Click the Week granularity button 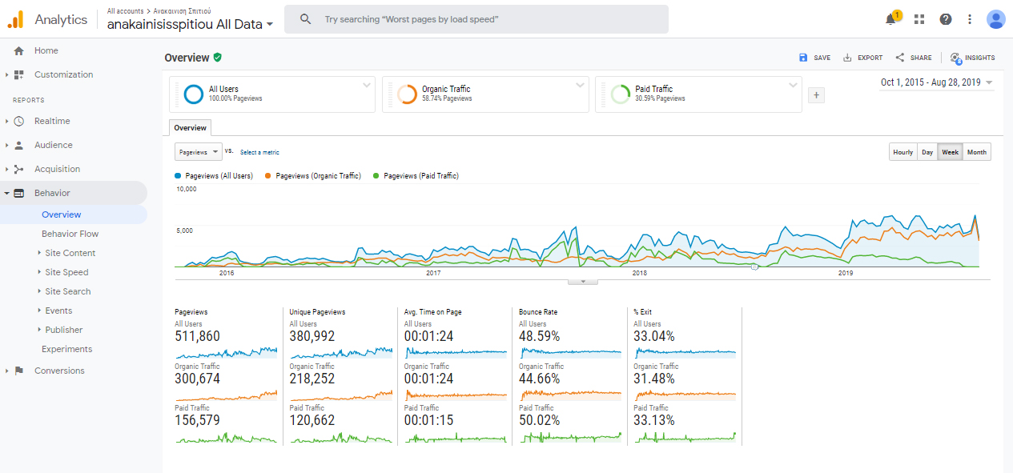click(951, 152)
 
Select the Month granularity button click(976, 152)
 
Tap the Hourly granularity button click(902, 152)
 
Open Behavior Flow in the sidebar click(70, 234)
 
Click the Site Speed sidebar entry click(66, 272)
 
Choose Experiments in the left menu click(66, 349)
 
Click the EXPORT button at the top click(862, 58)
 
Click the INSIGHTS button click(972, 58)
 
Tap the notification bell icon click(890, 19)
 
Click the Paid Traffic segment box click(697, 94)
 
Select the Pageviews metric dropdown click(198, 152)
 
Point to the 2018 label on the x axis click(639, 273)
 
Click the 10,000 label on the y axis click(186, 190)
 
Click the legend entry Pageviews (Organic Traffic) click(318, 175)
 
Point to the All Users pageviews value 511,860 click(197, 337)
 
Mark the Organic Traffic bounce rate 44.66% click(539, 379)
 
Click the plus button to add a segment click(816, 95)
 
